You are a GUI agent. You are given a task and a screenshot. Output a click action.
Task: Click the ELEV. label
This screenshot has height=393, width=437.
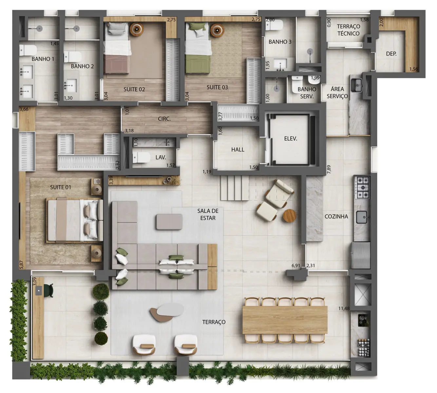coord(291,139)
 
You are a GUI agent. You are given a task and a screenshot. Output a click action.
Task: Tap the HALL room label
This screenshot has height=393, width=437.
coord(238,150)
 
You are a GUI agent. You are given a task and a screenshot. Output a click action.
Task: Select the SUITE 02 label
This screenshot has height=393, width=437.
coord(134,89)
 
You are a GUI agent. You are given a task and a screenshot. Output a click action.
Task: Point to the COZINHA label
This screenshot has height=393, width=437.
coord(336,216)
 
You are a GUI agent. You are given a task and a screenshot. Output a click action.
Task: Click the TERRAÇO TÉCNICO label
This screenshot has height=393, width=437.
coord(348,30)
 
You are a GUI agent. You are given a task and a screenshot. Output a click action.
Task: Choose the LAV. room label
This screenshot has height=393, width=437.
coord(161,157)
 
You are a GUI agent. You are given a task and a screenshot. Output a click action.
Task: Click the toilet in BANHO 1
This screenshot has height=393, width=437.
coord(28,50)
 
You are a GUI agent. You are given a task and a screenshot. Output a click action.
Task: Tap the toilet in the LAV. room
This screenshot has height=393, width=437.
coord(142,157)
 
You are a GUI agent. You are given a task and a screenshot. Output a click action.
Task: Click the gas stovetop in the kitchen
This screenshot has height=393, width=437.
coord(362,187)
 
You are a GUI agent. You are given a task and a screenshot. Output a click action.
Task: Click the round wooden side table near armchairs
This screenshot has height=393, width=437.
coord(290,216)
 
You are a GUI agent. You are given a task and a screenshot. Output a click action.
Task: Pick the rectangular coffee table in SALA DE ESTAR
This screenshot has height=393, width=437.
coord(169,222)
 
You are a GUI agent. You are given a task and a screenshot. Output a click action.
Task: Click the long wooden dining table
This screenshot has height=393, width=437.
coord(285,320)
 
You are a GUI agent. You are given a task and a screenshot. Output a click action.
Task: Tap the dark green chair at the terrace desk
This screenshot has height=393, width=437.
coord(49,290)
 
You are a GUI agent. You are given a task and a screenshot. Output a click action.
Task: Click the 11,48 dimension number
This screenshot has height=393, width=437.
coord(344,309)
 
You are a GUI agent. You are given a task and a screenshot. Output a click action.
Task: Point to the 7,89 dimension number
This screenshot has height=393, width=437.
coord(329,169)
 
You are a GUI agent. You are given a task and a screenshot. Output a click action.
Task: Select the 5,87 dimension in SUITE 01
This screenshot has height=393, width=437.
coord(21,265)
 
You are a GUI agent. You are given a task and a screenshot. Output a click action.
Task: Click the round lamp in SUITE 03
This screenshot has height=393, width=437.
coord(217,30)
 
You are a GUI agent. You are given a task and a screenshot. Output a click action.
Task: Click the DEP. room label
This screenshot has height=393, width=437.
coord(391,54)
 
